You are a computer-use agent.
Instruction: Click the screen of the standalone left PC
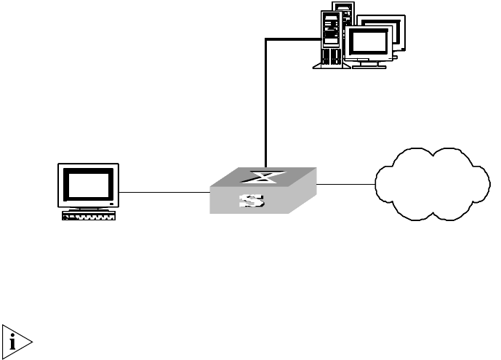click(88, 183)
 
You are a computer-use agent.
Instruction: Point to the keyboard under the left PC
click(89, 216)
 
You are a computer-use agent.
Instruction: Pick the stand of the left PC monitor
click(88, 208)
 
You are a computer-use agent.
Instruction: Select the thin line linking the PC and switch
click(164, 192)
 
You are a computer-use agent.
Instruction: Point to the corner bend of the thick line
click(267, 39)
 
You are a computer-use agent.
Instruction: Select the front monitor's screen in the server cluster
click(369, 43)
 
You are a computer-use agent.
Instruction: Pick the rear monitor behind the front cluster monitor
click(385, 22)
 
